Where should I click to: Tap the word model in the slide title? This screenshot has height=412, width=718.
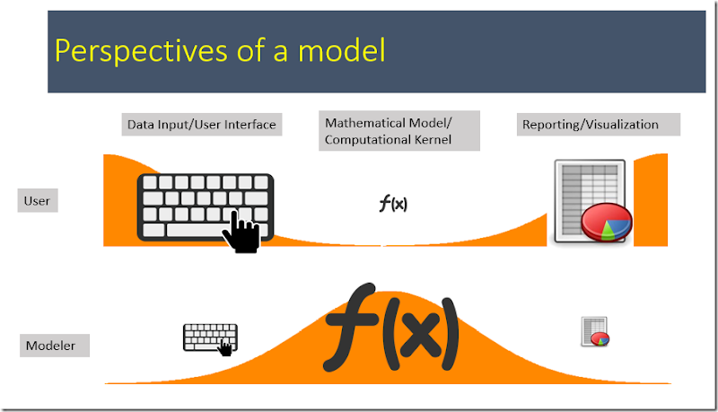click(345, 50)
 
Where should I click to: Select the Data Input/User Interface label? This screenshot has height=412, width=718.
click(202, 125)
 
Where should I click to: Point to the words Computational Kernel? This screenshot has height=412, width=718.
click(388, 139)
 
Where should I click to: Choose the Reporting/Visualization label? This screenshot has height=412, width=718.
click(590, 125)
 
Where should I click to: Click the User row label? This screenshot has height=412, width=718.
click(37, 201)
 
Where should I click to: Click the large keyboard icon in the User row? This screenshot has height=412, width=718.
click(205, 206)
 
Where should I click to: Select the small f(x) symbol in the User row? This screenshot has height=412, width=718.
click(393, 204)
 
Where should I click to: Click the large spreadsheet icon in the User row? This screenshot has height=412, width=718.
click(590, 200)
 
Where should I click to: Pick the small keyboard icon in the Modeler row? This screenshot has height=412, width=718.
click(210, 338)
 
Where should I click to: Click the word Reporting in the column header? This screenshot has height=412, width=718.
click(550, 125)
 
